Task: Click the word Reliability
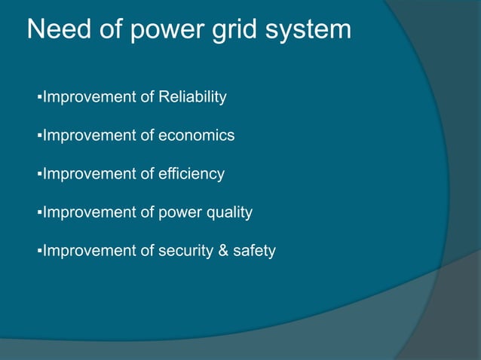(x=193, y=97)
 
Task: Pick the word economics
(x=197, y=136)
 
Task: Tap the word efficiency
(x=191, y=174)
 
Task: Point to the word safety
(x=254, y=251)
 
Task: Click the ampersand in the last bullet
(x=224, y=251)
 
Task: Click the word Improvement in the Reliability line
(x=90, y=97)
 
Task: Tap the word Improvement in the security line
(x=90, y=251)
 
